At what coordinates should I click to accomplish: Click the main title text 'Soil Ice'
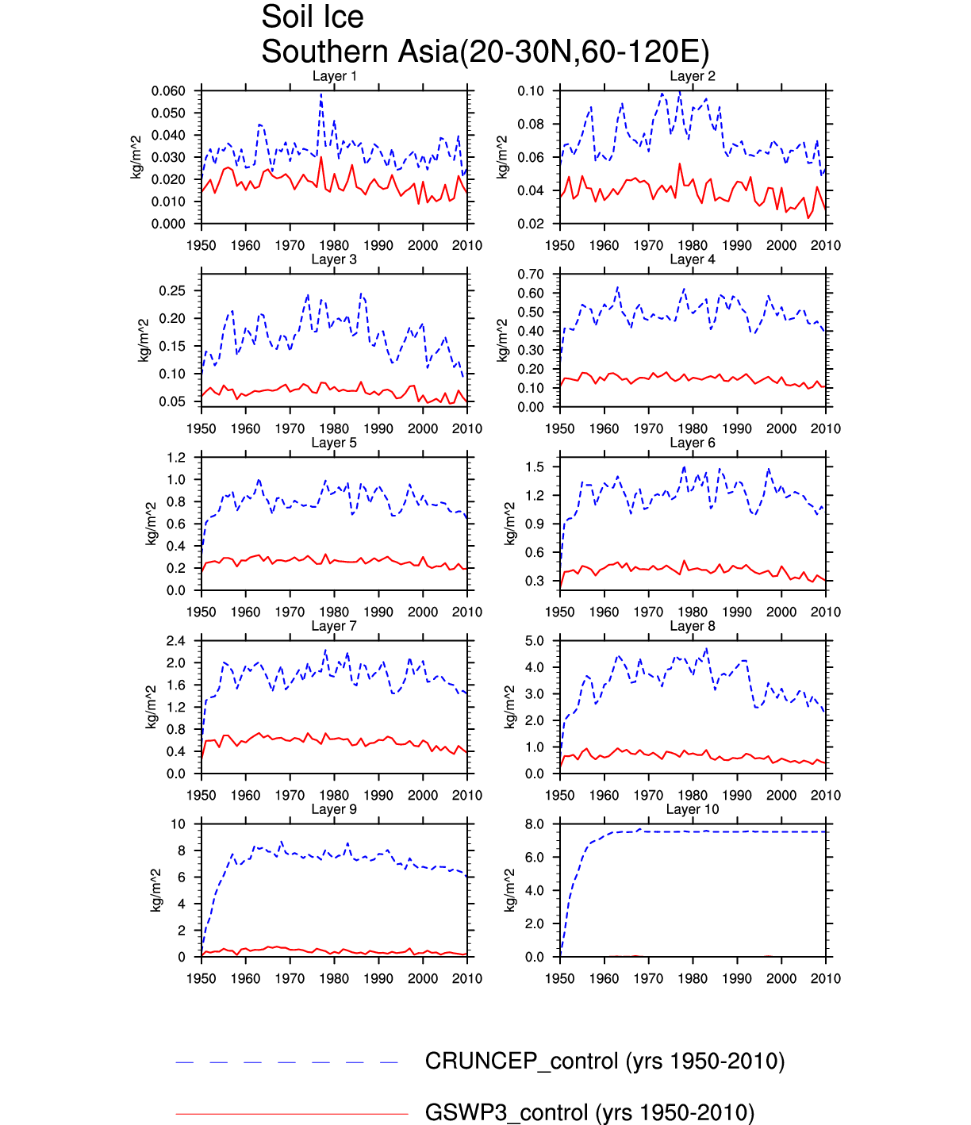[x=313, y=17]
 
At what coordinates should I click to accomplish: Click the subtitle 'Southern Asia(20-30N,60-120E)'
[x=485, y=52]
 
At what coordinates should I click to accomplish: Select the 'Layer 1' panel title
[x=334, y=76]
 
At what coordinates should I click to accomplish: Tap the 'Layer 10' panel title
[x=693, y=809]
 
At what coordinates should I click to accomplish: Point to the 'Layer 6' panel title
[x=693, y=443]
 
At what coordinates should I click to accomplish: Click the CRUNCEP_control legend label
[x=604, y=1062]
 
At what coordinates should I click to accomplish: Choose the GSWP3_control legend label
[x=589, y=1113]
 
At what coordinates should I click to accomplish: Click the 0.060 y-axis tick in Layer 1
[x=168, y=91]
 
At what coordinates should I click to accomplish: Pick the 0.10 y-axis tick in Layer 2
[x=531, y=91]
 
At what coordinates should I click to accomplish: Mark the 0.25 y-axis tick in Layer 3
[x=172, y=291]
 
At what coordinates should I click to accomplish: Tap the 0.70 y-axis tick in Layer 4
[x=531, y=275]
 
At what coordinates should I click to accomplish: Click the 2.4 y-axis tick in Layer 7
[x=176, y=641]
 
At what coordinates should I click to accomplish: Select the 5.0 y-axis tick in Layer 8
[x=535, y=641]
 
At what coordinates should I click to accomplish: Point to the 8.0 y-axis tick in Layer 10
[x=535, y=824]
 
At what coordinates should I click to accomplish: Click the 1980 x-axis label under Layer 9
[x=334, y=979]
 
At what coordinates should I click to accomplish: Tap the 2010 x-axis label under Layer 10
[x=825, y=979]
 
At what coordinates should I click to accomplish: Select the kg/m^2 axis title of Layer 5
[x=151, y=524]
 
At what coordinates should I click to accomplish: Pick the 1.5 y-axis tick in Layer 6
[x=535, y=467]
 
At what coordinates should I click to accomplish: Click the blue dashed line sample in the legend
[x=287, y=1062]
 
